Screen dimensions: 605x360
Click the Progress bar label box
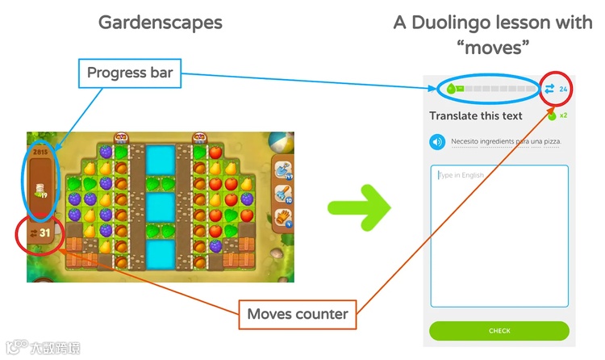(x=128, y=76)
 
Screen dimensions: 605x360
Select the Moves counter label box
(x=298, y=313)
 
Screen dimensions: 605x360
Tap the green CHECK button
(x=499, y=331)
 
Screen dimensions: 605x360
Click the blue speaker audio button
(x=437, y=142)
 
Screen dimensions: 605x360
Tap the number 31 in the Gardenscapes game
(x=45, y=233)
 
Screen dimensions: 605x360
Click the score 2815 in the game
(x=40, y=151)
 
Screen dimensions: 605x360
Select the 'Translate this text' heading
(x=476, y=115)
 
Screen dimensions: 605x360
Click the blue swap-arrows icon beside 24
(x=550, y=89)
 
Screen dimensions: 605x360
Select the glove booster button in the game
(x=285, y=216)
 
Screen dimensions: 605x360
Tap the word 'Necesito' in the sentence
(x=465, y=142)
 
